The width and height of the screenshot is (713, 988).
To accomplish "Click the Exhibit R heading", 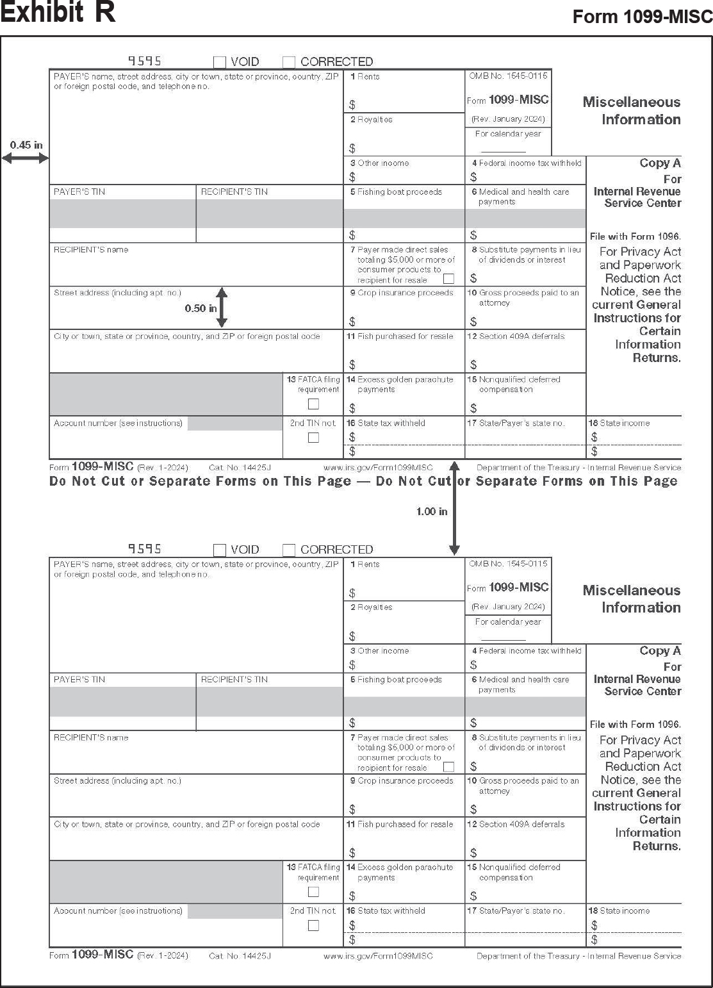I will click(x=58, y=13).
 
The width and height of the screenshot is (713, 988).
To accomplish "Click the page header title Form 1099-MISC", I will click(x=642, y=17).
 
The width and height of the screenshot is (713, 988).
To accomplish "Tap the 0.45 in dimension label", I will click(x=26, y=145).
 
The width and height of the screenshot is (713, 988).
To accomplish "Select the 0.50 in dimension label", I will click(x=201, y=308).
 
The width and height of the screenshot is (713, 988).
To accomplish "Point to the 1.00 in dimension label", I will click(x=432, y=511).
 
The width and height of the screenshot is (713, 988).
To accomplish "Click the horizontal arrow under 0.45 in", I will click(x=26, y=158).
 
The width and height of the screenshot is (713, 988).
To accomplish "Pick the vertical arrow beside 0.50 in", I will click(x=222, y=308).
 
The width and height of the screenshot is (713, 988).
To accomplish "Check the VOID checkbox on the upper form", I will click(x=220, y=62).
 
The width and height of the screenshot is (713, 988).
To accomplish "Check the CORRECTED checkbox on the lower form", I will click(x=289, y=550).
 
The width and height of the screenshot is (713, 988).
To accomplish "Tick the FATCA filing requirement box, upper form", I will click(x=313, y=404).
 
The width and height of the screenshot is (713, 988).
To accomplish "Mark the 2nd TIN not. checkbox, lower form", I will click(x=313, y=925).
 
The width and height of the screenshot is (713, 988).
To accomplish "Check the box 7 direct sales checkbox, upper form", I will click(x=449, y=279).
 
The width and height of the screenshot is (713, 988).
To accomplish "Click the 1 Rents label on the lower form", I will click(x=365, y=564).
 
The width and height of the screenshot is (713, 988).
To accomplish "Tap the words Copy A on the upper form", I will click(x=660, y=163).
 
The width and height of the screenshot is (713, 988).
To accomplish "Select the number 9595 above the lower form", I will click(x=145, y=548).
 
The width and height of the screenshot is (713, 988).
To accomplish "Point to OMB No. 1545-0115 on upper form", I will click(x=508, y=76).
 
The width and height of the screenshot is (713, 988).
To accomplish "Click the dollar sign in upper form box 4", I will click(x=473, y=177).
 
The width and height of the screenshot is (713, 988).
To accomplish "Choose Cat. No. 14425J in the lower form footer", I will click(x=240, y=956).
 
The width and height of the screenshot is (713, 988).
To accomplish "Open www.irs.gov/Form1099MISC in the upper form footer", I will click(x=378, y=468).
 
